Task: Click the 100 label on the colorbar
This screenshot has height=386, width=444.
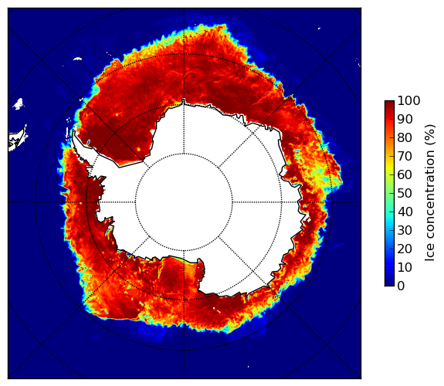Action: pos(408,100)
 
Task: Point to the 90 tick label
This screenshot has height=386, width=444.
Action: pos(405,119)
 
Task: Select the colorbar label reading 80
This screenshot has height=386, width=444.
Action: pos(405,137)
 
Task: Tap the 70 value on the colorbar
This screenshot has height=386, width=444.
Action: pos(405,156)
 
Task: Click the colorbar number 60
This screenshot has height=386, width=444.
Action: pos(405,174)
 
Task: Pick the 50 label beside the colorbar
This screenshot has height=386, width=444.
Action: pos(405,194)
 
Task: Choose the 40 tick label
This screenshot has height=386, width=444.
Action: pos(405,212)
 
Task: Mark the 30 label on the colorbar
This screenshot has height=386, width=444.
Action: pos(405,231)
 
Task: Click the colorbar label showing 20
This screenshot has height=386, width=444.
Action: pos(405,249)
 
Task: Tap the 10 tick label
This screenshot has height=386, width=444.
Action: pos(405,268)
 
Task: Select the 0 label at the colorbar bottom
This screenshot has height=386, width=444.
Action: pos(402,286)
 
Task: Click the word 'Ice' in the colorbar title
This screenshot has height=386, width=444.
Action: pos(430,254)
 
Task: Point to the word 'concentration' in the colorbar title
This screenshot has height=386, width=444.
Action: pos(430,197)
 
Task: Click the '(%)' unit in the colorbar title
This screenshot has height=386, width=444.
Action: pos(430,135)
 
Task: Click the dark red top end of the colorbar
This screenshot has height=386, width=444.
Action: pos(389,103)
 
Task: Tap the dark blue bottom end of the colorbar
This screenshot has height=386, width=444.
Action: pos(389,284)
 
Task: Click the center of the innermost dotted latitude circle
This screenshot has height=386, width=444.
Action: pos(184,202)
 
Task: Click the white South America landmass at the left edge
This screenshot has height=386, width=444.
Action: pos(17,141)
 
